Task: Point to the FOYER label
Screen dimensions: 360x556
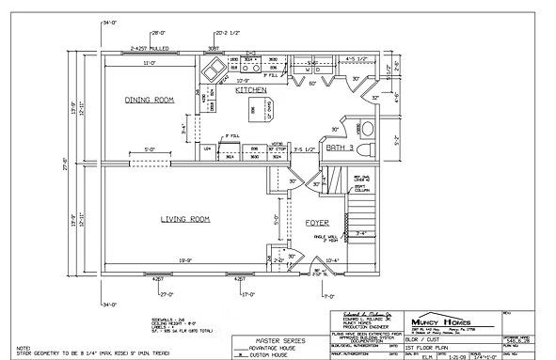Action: pos(315,223)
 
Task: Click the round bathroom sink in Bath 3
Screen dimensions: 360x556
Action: pos(370,128)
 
